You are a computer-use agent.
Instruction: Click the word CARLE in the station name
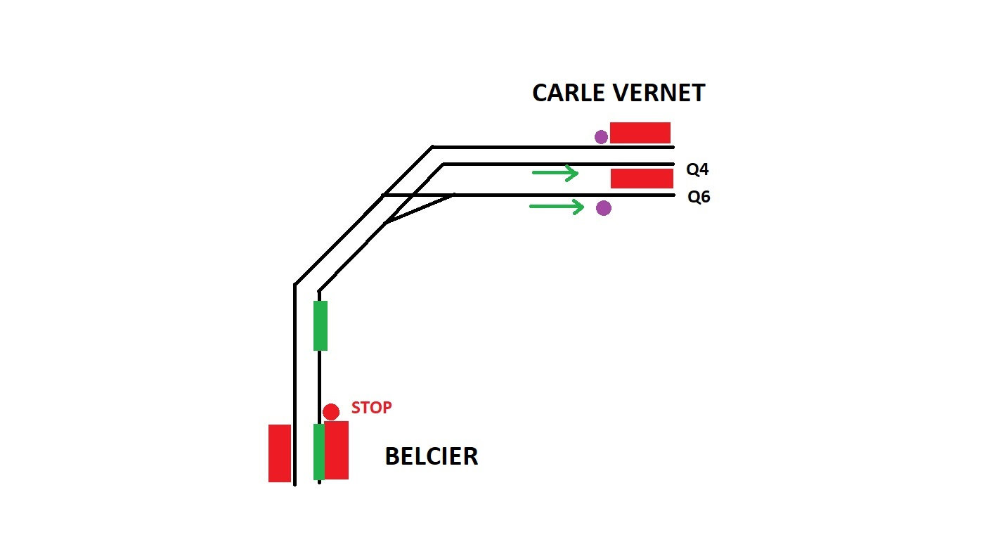570,93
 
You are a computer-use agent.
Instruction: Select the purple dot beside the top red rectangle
601,137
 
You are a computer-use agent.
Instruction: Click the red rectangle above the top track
640,133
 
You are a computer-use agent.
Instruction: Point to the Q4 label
698,170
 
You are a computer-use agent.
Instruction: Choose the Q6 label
699,198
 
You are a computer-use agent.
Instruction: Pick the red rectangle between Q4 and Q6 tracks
642,179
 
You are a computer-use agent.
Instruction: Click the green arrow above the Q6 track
555,173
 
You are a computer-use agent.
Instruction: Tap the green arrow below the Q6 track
556,207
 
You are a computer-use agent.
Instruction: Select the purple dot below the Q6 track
603,208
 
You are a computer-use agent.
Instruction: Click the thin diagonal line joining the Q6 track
419,209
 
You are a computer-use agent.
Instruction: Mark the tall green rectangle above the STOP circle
321,325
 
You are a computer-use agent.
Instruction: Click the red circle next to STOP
331,412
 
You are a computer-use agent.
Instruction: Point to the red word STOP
371,408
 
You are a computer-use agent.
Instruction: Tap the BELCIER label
431,457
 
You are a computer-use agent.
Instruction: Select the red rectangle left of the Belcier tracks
280,453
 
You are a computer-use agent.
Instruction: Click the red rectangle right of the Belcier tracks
337,451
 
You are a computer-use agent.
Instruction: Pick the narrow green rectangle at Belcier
318,452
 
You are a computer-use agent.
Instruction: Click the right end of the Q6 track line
673,195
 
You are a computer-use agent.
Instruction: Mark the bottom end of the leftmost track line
295,483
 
